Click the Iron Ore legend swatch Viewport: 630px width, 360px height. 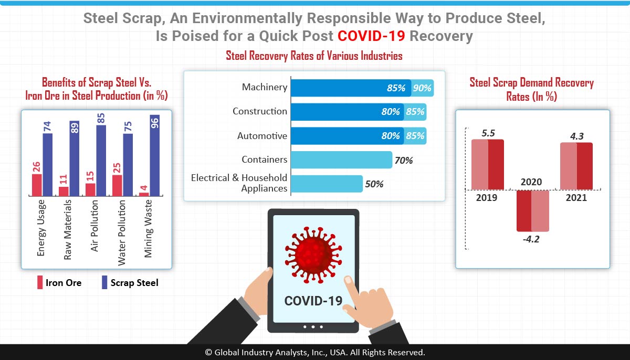tap(39, 283)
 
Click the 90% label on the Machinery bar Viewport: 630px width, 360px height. tap(422, 88)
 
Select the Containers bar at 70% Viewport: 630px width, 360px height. tap(341, 160)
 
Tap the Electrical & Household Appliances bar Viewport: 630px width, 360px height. tap(326, 184)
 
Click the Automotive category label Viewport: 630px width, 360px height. tap(262, 136)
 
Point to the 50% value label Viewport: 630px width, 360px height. tap(374, 184)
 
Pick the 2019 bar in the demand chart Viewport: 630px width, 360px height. tap(487, 164)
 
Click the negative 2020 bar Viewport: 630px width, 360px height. tap(532, 210)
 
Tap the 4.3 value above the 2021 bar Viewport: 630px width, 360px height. tap(576, 135)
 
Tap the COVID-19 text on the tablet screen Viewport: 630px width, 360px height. tap(313, 301)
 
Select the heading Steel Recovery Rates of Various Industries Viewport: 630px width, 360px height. tap(314, 56)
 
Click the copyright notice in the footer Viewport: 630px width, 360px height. tap(315, 352)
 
